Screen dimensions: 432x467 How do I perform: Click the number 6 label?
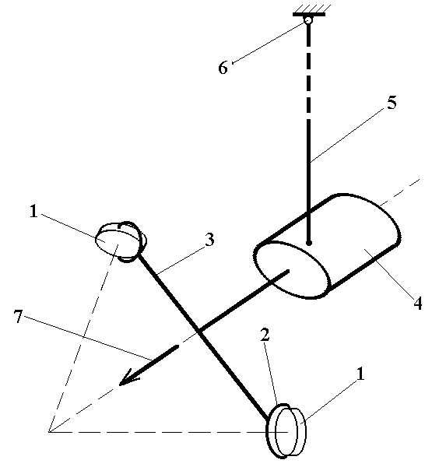pyautogui.click(x=223, y=67)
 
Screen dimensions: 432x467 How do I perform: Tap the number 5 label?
pyautogui.click(x=392, y=103)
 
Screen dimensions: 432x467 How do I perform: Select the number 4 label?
pyautogui.click(x=418, y=304)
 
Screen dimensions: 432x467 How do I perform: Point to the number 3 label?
pyautogui.click(x=209, y=240)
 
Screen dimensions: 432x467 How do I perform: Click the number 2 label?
pyautogui.click(x=265, y=335)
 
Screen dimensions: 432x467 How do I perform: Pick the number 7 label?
pyautogui.click(x=19, y=316)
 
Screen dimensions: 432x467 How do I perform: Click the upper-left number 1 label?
pyautogui.click(x=33, y=211)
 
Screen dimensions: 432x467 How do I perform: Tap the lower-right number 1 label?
pyautogui.click(x=360, y=374)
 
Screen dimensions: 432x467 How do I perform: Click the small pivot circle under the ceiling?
pyautogui.click(x=308, y=20)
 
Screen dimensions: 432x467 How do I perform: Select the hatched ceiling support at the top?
pyautogui.click(x=309, y=10)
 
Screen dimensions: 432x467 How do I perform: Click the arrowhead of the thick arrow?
pyautogui.click(x=128, y=377)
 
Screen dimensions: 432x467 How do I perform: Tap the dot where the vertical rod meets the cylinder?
pyautogui.click(x=309, y=243)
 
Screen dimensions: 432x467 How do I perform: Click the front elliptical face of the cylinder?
pyautogui.click(x=293, y=269)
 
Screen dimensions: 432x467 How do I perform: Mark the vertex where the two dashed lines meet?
pyautogui.click(x=49, y=431)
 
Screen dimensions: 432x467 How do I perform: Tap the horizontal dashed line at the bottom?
pyautogui.click(x=168, y=431)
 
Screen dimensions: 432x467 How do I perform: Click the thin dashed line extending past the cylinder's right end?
pyautogui.click(x=400, y=192)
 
